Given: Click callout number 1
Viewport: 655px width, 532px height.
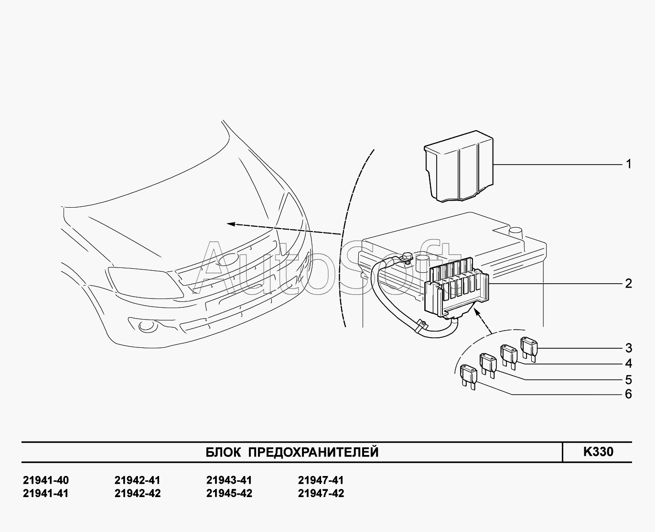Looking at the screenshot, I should (x=629, y=164).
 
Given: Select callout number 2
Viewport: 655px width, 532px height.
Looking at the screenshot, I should (x=629, y=283).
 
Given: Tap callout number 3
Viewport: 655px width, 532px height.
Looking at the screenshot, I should (x=629, y=348).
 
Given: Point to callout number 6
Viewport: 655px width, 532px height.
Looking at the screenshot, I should (x=629, y=394).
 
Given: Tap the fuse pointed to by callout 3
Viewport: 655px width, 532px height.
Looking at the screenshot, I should (x=529, y=347).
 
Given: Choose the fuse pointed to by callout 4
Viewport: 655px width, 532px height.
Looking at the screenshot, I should (x=508, y=355).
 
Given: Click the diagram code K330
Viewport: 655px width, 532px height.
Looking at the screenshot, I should (x=598, y=452).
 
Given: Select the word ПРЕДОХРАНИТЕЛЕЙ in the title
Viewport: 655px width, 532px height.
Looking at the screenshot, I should (x=313, y=452).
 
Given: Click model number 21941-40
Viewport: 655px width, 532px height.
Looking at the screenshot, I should (x=46, y=480).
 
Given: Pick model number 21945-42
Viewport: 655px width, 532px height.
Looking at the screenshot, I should (x=229, y=493).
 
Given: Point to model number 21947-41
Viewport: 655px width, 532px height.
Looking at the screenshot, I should (x=321, y=480).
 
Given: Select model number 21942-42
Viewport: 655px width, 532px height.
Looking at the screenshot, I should (x=138, y=493).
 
